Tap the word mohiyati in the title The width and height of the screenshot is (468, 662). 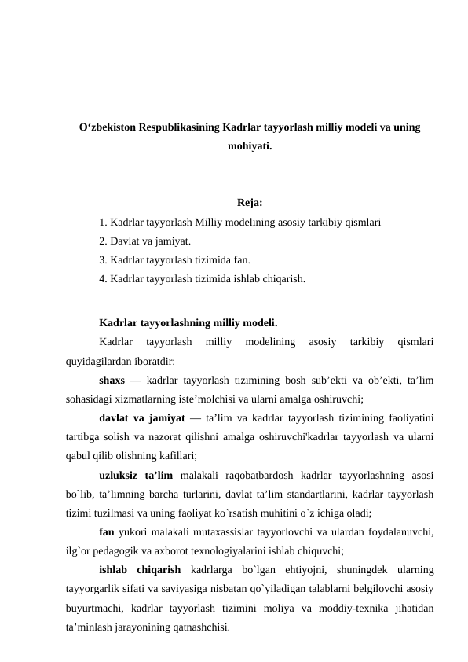[249, 146]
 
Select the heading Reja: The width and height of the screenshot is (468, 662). [249, 206]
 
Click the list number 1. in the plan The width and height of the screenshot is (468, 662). [104, 223]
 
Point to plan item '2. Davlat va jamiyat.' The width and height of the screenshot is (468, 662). [145, 241]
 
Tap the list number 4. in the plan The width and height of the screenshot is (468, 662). [104, 278]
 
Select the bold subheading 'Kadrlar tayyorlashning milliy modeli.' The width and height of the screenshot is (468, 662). [188, 322]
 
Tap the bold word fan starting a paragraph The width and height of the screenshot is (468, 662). [108, 531]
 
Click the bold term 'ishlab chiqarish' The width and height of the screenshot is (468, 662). [141, 569]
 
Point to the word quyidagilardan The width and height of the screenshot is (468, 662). [98, 362]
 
